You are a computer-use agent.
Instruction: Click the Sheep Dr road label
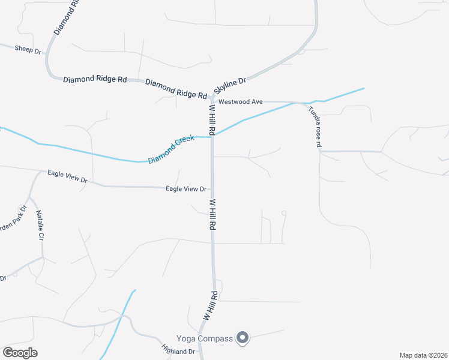(28, 49)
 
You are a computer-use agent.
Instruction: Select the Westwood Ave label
(240, 102)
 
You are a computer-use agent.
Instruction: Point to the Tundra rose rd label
(315, 127)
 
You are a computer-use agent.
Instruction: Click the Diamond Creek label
(172, 150)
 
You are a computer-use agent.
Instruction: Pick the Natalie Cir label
(40, 225)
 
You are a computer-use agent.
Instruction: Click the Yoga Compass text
(204, 339)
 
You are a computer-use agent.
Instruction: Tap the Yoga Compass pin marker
(243, 338)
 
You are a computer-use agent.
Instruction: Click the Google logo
(20, 353)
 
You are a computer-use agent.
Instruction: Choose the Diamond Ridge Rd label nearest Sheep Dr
(95, 79)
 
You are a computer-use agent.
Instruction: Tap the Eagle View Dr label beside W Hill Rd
(185, 189)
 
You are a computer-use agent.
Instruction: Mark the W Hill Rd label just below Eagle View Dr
(212, 215)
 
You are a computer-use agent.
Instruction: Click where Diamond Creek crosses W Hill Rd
(212, 136)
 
